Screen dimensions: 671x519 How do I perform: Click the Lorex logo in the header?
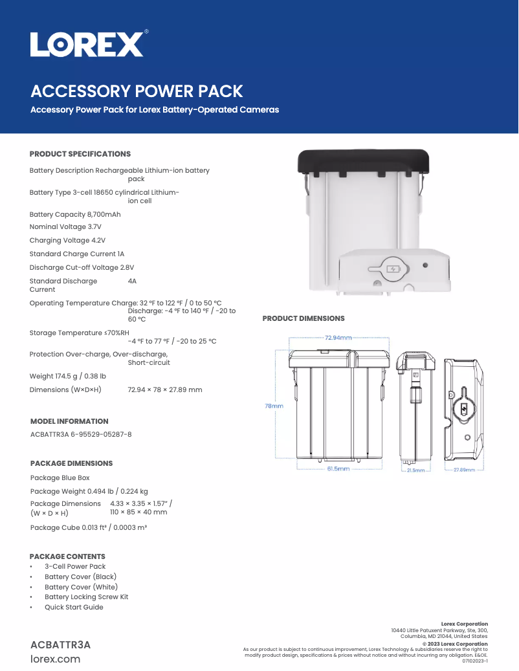(87, 45)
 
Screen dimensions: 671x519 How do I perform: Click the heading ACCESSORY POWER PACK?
(137, 91)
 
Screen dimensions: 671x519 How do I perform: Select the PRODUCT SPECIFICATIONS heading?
(80, 154)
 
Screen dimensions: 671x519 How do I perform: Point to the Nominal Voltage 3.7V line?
(65, 227)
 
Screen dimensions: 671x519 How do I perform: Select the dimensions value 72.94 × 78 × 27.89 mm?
(165, 390)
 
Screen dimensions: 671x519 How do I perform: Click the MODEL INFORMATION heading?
(69, 421)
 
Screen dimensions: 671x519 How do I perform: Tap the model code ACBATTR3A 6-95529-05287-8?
(81, 434)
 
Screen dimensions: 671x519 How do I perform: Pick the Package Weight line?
(89, 491)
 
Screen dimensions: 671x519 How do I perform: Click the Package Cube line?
(89, 527)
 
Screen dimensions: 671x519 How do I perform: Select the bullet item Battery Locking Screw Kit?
(86, 597)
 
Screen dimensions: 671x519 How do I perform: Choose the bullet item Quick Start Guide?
(74, 607)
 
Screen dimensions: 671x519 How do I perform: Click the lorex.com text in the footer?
(56, 659)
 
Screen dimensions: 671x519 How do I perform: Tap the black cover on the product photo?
(364, 160)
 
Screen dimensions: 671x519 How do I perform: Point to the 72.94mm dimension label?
(338, 337)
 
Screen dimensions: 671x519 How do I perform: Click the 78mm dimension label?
(274, 406)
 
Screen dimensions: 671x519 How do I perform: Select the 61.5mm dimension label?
(338, 468)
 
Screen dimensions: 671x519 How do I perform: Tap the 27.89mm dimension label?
(464, 470)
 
